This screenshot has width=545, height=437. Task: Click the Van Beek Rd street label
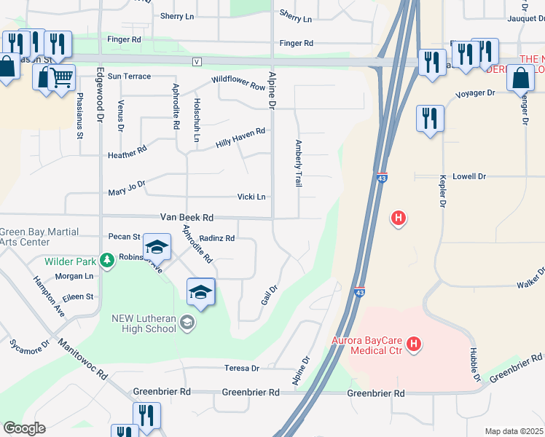click(187, 217)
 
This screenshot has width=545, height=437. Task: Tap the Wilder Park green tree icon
click(106, 261)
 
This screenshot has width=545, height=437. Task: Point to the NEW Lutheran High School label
click(144, 323)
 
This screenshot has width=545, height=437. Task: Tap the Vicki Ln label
click(251, 197)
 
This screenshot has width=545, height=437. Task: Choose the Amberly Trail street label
click(298, 164)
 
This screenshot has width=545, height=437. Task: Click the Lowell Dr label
click(468, 176)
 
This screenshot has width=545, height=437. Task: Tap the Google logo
click(24, 428)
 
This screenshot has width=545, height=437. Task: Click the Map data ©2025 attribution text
click(514, 431)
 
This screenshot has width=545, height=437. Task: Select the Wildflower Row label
click(238, 83)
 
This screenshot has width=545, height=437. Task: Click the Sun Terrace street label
click(129, 76)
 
